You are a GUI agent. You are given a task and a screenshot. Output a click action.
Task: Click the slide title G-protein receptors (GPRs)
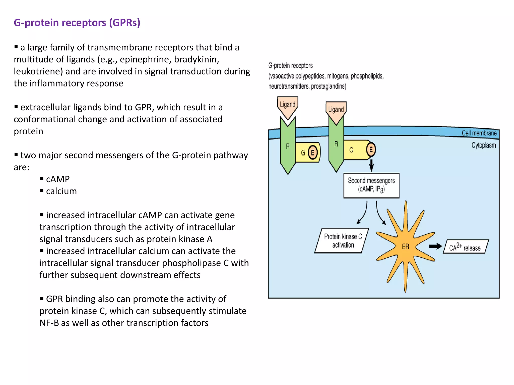pos(77,23)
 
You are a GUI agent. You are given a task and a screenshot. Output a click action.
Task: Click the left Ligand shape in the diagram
pos(288,105)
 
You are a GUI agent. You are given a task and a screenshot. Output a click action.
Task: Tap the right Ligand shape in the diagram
pos(336,110)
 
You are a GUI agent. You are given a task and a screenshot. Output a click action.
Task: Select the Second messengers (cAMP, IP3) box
pos(371,185)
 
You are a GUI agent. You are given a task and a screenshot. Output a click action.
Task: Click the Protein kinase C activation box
pos(343,241)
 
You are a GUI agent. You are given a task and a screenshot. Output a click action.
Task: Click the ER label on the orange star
pos(405,247)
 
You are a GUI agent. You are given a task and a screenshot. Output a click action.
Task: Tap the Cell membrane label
pos(479,133)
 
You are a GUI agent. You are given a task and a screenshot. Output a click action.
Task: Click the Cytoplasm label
pos(483,145)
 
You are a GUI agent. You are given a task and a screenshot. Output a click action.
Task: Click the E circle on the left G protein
pos(312,152)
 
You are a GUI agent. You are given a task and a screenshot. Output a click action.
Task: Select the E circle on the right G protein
pos(371,150)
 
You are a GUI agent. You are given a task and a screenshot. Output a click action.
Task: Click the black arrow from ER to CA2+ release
pos(435,246)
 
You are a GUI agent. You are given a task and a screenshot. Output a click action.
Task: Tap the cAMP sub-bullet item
pos(58,179)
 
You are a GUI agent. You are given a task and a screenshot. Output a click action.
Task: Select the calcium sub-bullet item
pos(61,191)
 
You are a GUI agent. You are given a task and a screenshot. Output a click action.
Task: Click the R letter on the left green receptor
pos(288,146)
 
